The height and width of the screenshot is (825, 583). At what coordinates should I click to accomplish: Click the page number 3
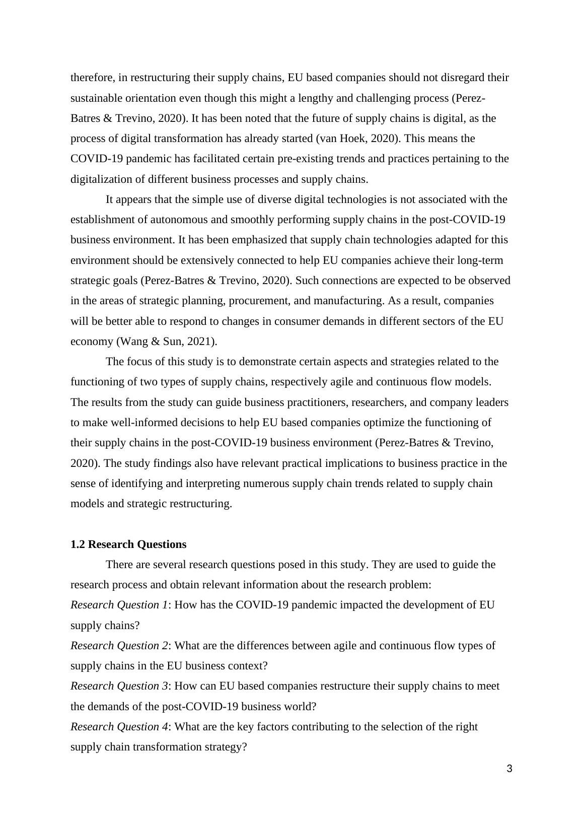pyautogui.click(x=509, y=769)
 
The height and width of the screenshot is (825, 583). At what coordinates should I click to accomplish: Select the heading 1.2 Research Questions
pyautogui.click(x=128, y=544)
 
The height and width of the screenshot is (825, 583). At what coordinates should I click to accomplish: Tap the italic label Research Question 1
pyautogui.click(x=119, y=605)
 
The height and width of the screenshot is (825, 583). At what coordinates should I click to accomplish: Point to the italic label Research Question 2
pyautogui.click(x=119, y=646)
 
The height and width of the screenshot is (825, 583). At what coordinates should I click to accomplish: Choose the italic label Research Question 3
pyautogui.click(x=119, y=686)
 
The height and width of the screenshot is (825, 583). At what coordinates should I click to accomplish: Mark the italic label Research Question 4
pyautogui.click(x=119, y=727)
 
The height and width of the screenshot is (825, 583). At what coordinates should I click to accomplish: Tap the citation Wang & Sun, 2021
pyautogui.click(x=167, y=341)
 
